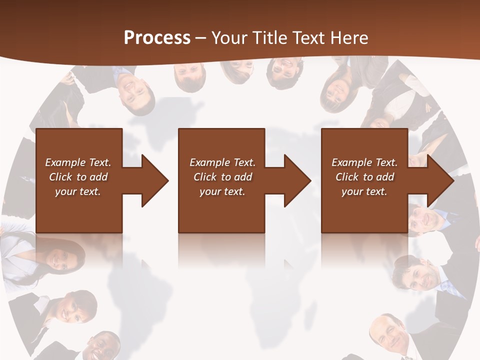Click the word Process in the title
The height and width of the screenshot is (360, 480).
click(157, 37)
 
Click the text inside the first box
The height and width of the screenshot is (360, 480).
click(78, 176)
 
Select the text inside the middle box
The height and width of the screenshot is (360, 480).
click(222, 176)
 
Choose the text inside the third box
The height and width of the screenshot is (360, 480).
click(364, 176)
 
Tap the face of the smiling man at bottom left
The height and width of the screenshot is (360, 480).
click(102, 346)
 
